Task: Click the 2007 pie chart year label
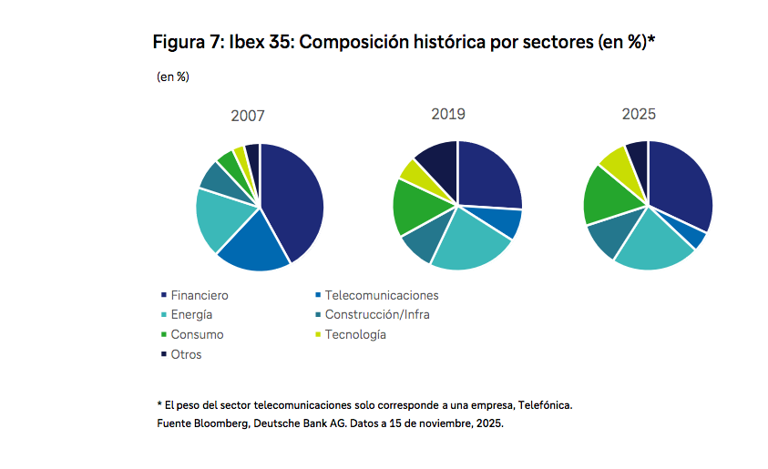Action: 248,117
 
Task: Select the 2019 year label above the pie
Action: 448,114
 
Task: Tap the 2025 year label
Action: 639,115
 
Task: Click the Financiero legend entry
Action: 200,296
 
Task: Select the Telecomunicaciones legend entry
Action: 382,296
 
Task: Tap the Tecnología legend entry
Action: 355,334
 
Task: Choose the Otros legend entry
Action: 186,354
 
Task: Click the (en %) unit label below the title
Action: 173,77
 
